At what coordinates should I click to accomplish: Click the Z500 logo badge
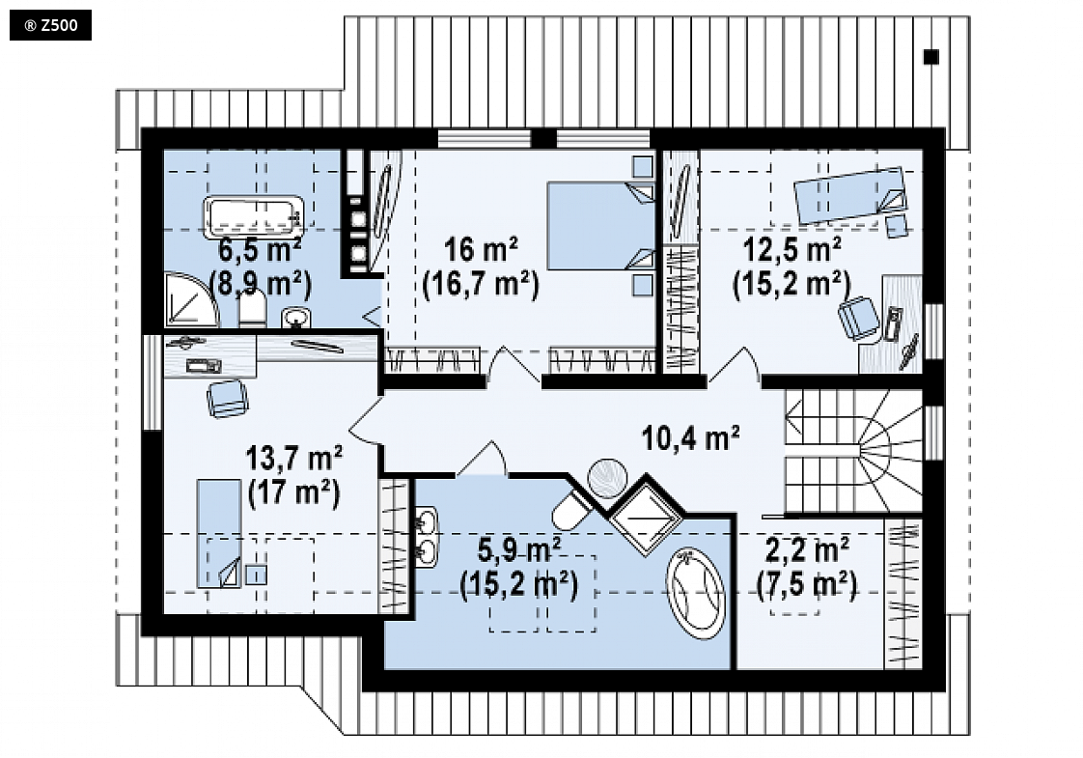point(50,25)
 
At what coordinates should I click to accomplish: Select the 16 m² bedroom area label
point(481,249)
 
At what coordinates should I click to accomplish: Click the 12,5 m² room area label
point(791,249)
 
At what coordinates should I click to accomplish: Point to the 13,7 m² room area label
point(294,458)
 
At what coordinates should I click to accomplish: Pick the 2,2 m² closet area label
point(807,550)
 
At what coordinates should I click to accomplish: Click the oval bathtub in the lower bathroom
point(696,594)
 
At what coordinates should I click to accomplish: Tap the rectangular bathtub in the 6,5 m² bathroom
point(254,217)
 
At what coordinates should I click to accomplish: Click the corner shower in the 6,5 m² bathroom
point(190,300)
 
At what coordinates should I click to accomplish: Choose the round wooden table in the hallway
point(607,479)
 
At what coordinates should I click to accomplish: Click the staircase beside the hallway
point(853,451)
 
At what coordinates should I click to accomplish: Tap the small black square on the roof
point(931,57)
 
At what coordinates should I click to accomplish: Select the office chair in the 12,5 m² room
point(859,318)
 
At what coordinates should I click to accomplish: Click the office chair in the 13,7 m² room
point(227,399)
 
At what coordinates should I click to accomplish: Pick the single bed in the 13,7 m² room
point(220,534)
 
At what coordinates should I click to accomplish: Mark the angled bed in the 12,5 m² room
point(850,195)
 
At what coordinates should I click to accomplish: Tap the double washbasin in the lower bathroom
point(427,537)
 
